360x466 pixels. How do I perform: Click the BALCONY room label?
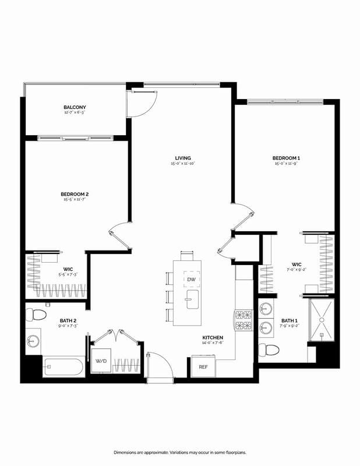point(75,107)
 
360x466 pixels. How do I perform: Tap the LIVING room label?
point(183,158)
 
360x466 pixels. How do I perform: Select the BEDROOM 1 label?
point(286,158)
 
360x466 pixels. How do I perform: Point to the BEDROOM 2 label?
point(75,194)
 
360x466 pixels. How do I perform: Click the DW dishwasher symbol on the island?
point(190,280)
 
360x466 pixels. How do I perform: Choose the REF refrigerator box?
point(203,367)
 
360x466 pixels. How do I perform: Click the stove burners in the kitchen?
point(243,320)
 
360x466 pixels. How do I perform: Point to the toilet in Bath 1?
point(267,349)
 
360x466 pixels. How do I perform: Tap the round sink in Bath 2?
point(32,340)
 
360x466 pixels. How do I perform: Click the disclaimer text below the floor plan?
point(179,452)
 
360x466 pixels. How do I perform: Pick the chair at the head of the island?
point(187,255)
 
